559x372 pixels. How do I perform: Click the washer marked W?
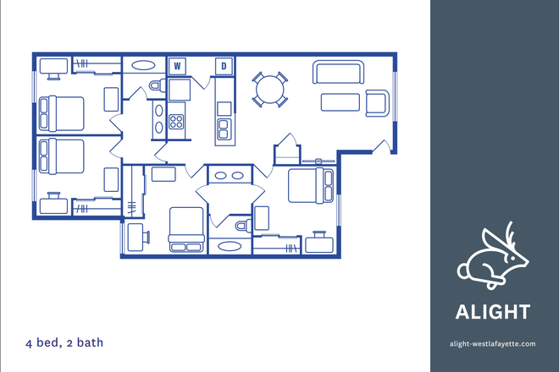[178, 65]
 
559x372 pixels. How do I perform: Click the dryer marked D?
[224, 65]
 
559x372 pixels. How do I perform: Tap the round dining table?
[271, 88]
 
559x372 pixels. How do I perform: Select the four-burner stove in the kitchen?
[176, 120]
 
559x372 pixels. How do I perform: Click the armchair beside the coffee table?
[377, 102]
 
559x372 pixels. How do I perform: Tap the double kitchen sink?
[224, 128]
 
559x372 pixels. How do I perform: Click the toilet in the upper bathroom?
[157, 85]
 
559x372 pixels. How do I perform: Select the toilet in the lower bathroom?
[243, 226]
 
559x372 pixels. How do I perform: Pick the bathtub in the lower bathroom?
[229, 247]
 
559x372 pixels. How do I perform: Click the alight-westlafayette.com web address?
[494, 344]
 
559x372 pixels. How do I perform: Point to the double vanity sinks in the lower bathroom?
[230, 176]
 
